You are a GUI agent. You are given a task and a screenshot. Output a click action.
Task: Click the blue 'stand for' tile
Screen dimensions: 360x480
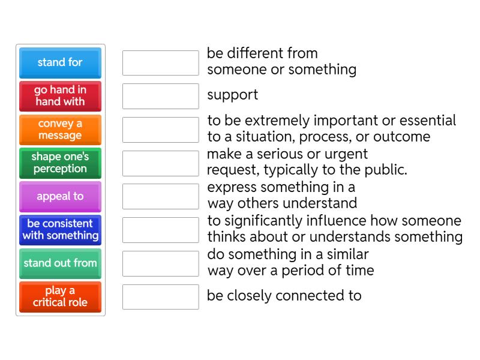click(x=60, y=62)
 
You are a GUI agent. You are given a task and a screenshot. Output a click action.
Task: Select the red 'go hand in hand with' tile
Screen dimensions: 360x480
click(x=60, y=96)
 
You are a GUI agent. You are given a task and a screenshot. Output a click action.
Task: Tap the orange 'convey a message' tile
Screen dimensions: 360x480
click(x=60, y=130)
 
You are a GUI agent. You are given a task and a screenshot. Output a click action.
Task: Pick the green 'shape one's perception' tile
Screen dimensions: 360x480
click(x=60, y=163)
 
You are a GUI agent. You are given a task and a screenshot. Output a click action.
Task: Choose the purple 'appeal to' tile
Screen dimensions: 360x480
click(x=60, y=196)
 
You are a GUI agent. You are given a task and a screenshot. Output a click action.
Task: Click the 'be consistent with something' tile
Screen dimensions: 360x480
click(x=60, y=230)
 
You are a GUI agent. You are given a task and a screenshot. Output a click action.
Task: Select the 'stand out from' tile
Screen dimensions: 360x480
click(x=60, y=263)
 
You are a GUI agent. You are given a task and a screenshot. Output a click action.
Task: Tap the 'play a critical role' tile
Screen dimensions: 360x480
click(x=60, y=296)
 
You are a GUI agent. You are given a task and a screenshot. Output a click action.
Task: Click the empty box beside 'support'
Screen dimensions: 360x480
click(x=160, y=96)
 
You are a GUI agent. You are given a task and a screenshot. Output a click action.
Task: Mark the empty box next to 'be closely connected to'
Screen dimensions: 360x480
click(x=160, y=296)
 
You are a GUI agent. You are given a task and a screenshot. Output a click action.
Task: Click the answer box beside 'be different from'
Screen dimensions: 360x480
click(x=160, y=62)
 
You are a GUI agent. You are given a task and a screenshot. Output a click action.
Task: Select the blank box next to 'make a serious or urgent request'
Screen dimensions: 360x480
click(x=160, y=163)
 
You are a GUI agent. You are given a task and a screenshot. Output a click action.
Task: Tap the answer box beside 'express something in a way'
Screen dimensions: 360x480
click(x=160, y=196)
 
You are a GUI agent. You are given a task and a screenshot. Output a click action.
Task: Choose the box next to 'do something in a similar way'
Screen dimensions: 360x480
click(x=160, y=263)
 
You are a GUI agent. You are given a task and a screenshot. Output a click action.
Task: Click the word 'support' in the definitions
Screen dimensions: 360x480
click(x=233, y=95)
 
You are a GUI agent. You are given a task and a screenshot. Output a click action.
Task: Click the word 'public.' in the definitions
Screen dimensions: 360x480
click(x=388, y=170)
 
